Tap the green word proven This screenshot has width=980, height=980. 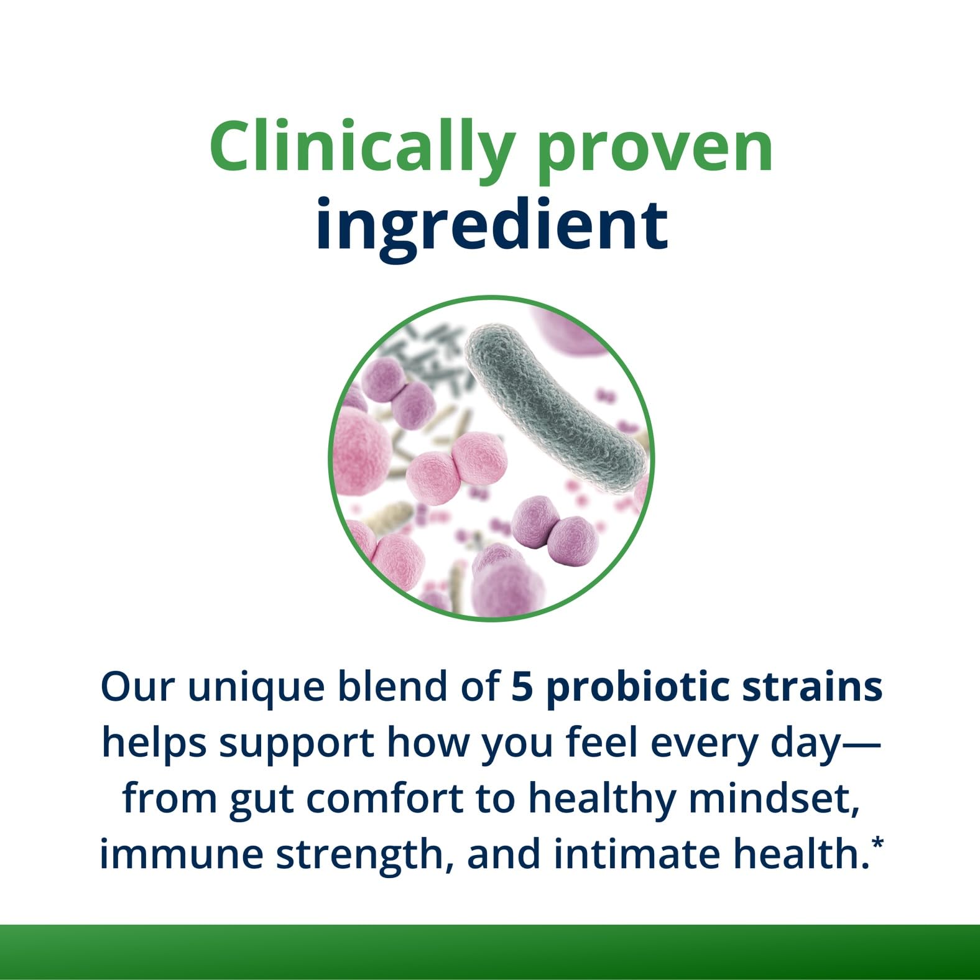[655, 154]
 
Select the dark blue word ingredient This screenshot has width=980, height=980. [492, 224]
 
